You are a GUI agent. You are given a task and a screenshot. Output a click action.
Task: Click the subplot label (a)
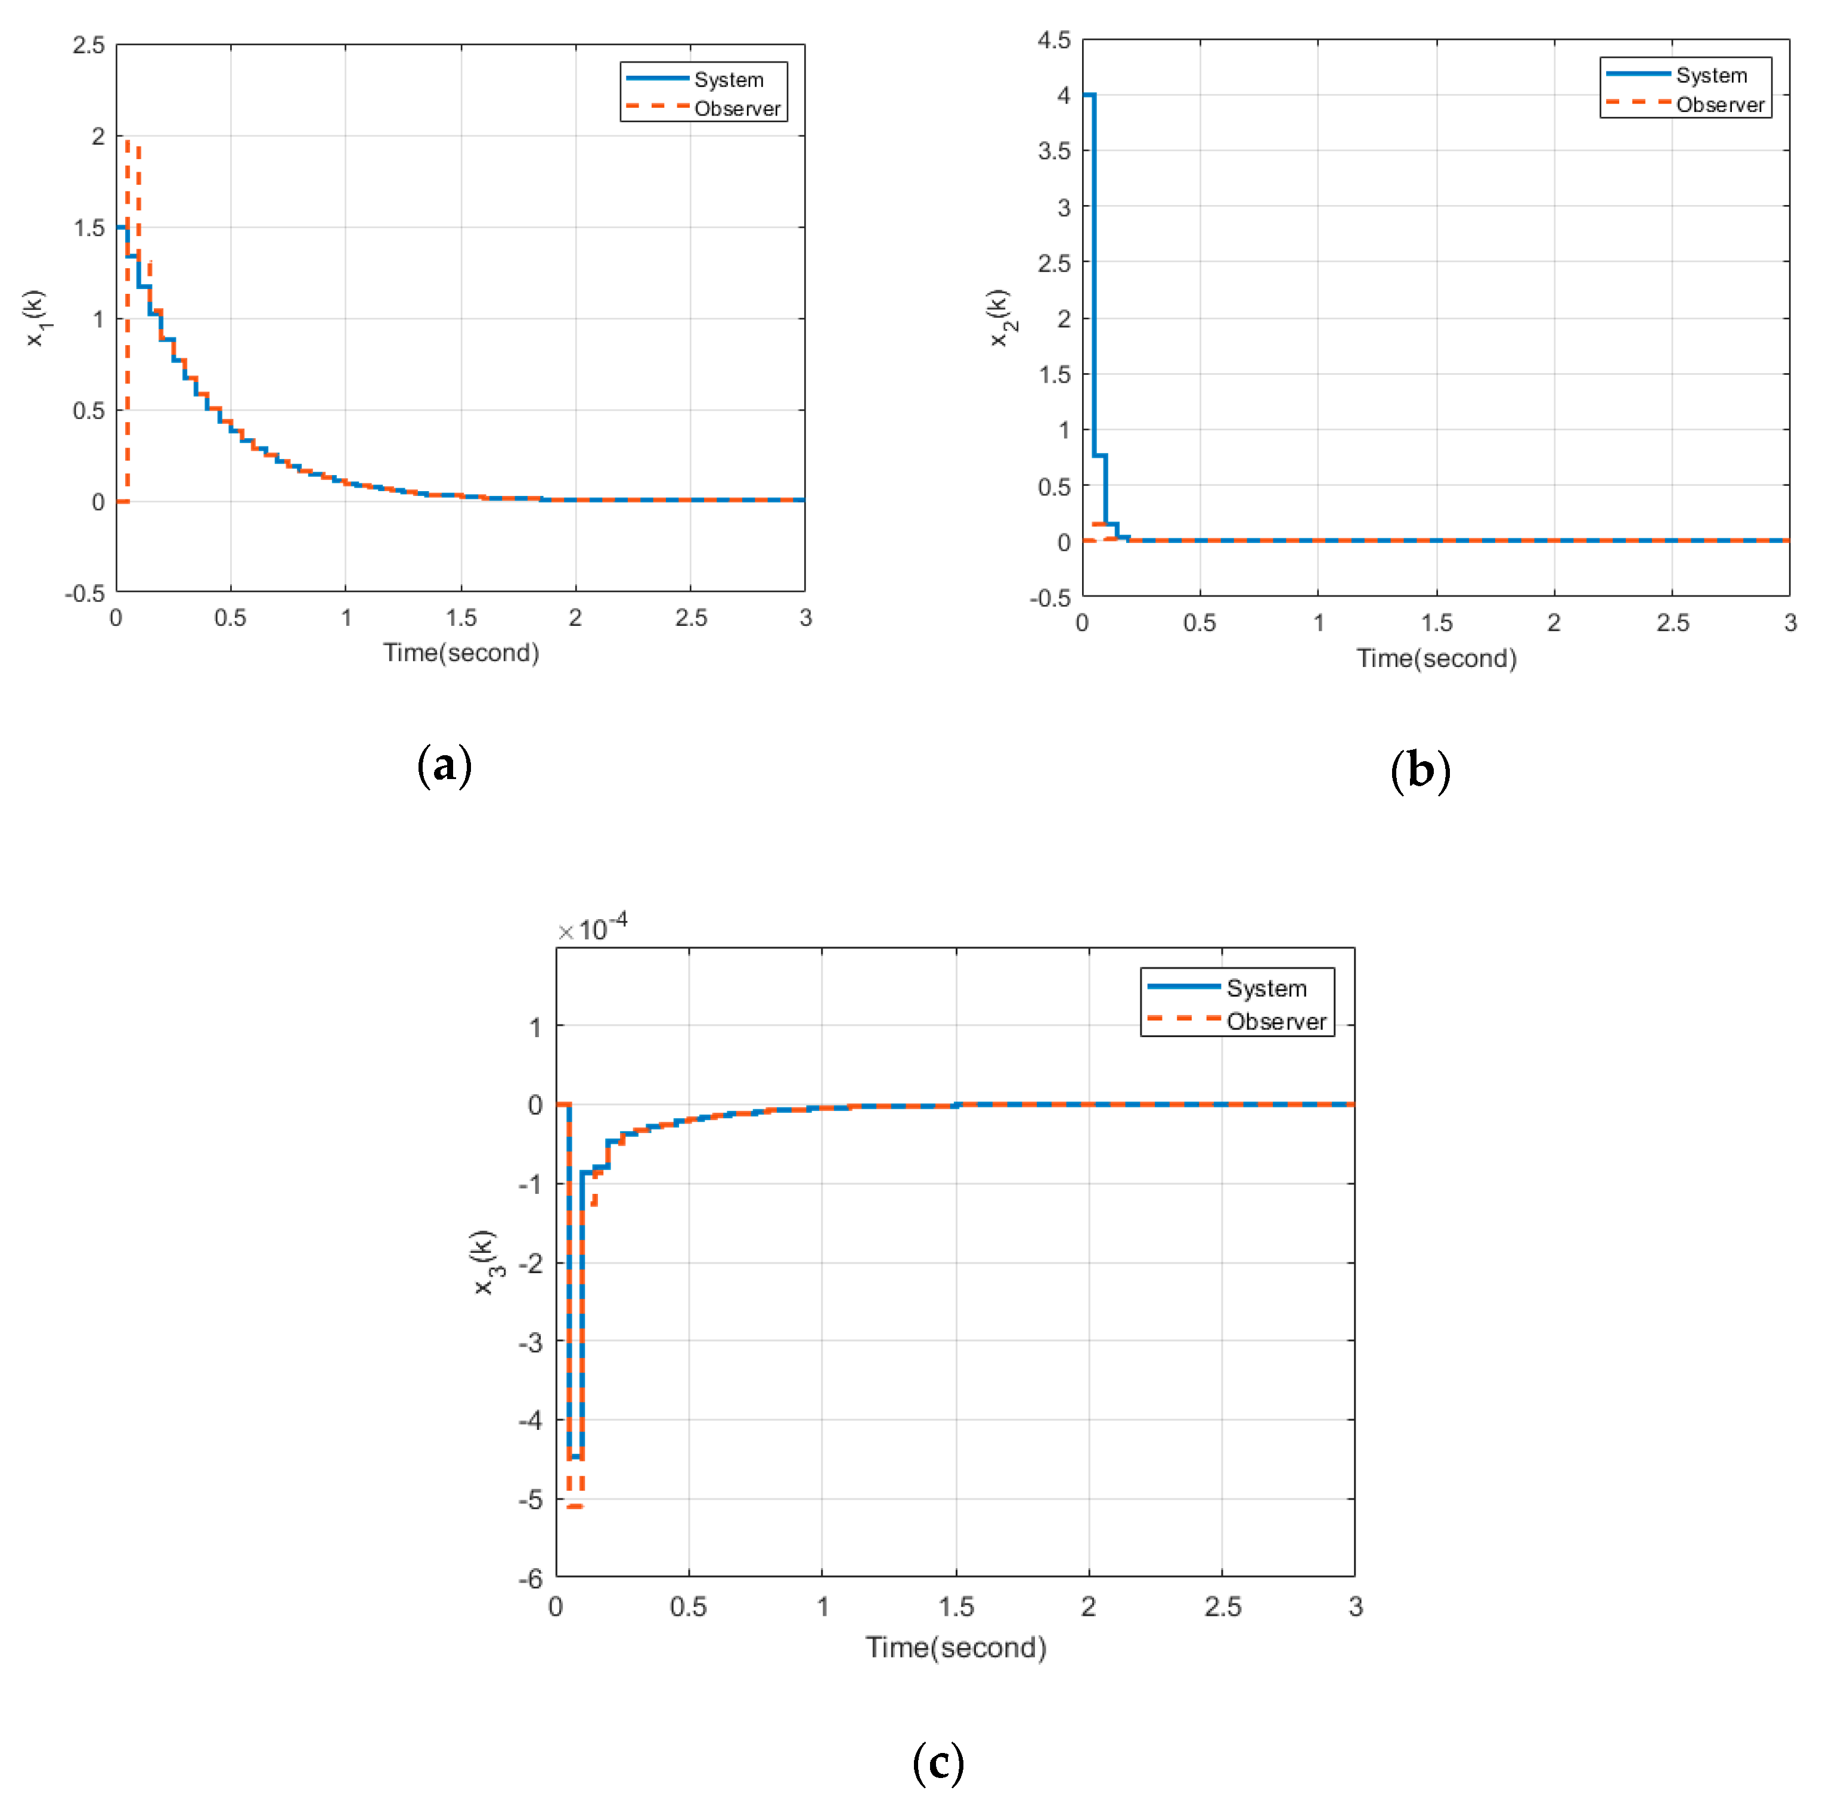point(445,765)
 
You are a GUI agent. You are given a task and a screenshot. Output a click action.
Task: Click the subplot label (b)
point(1420,770)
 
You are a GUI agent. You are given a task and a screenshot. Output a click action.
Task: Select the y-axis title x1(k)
point(35,318)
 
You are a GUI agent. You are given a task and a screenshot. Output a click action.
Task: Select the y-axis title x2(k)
point(1000,318)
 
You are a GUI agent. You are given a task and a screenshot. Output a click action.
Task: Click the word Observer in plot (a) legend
point(737,108)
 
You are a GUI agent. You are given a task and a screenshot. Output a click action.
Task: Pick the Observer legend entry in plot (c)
point(1276,1021)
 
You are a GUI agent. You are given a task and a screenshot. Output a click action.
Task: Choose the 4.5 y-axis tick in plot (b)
point(1054,40)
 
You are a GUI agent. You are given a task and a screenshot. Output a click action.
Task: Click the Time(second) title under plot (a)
point(461,653)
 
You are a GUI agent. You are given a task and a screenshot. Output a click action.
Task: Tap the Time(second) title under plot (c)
point(956,1647)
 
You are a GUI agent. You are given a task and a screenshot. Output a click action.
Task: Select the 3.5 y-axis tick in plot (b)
point(1054,150)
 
